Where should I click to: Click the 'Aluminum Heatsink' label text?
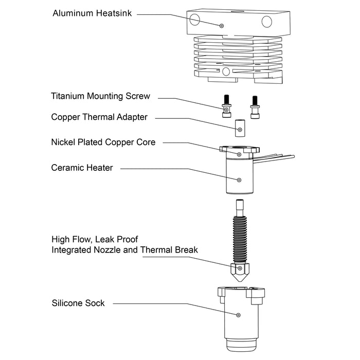[92, 13]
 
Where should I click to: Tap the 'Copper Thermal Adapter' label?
[99, 117]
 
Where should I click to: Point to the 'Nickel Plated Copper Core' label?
[103, 142]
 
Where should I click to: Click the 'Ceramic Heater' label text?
[82, 168]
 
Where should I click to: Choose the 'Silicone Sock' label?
[78, 303]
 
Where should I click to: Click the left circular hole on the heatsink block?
[195, 20]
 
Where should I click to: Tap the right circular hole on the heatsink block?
[266, 21]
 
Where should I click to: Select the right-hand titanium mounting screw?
[254, 107]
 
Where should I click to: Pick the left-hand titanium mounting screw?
[226, 107]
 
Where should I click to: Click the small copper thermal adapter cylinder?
[240, 129]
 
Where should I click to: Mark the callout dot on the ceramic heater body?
[239, 180]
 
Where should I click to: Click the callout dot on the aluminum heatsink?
[222, 25]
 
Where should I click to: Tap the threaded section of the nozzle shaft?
[240, 237]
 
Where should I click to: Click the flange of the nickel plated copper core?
[239, 150]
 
